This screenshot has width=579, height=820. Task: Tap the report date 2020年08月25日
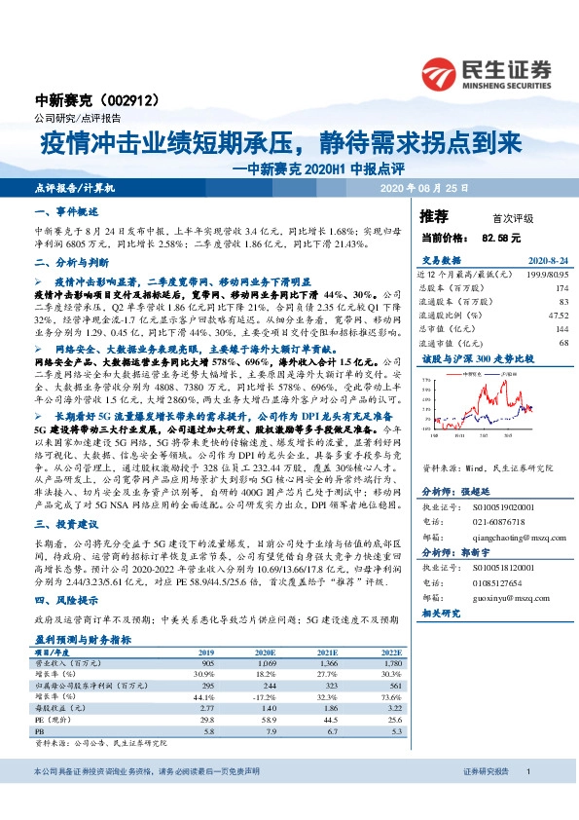coord(424,187)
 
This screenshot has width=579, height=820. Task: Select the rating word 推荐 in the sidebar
coord(433,215)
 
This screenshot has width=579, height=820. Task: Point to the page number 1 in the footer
coord(527,799)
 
